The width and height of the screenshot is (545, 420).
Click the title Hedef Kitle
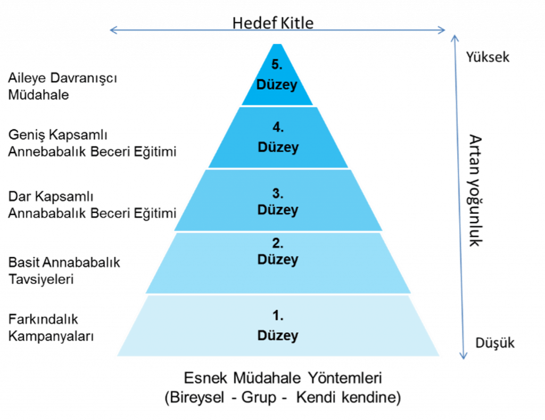[x=273, y=23]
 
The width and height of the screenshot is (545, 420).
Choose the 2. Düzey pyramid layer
[x=278, y=263]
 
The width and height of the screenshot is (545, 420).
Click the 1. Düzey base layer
[x=278, y=326]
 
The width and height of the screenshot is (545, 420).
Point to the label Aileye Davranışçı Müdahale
[x=63, y=86]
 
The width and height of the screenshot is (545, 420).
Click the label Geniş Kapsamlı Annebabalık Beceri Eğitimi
[x=92, y=143]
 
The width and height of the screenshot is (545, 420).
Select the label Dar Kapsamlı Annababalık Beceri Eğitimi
[x=92, y=205]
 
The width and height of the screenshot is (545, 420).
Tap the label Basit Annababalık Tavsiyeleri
[x=64, y=271]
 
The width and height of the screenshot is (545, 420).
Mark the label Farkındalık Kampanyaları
[x=51, y=327]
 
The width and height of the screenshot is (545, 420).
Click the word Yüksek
[x=488, y=57]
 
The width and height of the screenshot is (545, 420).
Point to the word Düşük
[x=495, y=343]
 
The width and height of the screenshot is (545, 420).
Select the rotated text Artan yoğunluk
[x=475, y=190]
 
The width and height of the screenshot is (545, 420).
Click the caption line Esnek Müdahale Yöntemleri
[x=283, y=378]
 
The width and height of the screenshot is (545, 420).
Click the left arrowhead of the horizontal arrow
[x=113, y=30]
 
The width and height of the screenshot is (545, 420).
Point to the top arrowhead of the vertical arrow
[x=455, y=38]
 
